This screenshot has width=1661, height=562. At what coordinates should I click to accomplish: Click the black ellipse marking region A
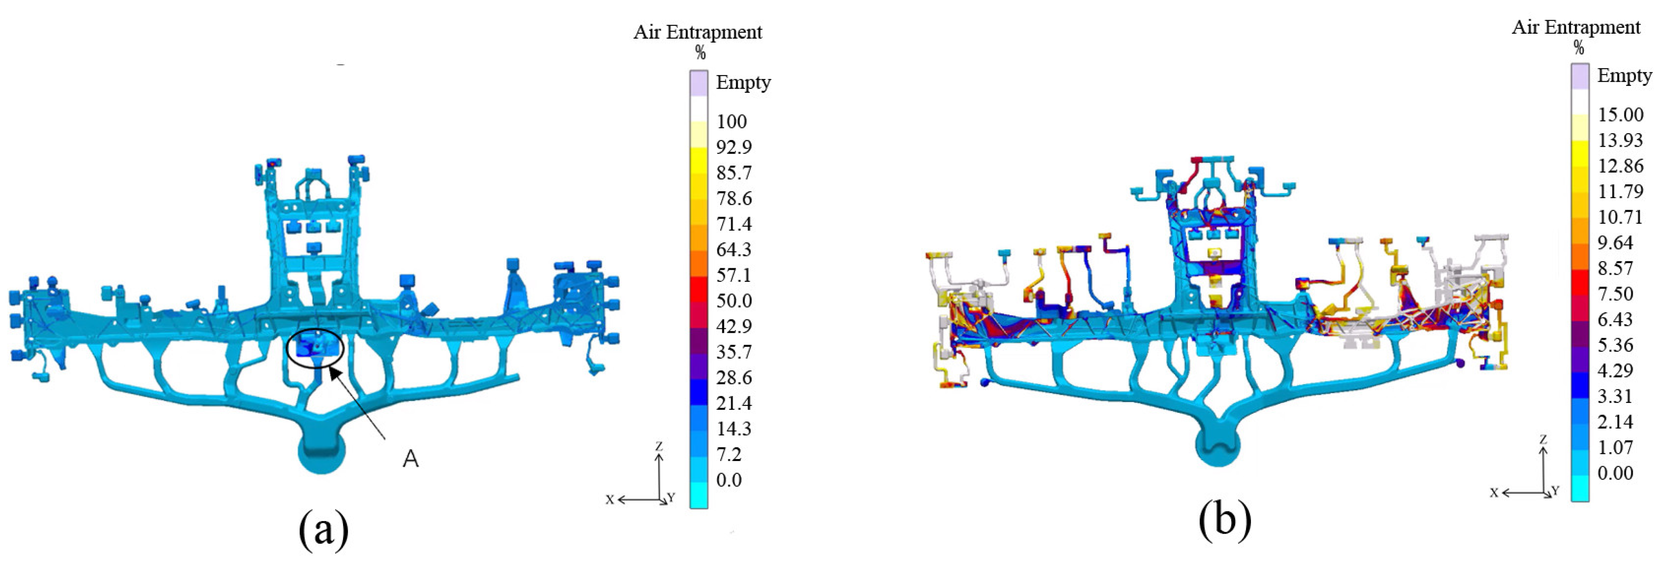(316, 348)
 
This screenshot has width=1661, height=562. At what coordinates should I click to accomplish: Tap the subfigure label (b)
(1225, 521)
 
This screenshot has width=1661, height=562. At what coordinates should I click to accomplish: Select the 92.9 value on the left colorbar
(734, 147)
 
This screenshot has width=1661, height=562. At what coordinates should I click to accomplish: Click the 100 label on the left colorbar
(731, 121)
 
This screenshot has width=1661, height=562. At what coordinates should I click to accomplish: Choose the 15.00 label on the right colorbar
(1620, 115)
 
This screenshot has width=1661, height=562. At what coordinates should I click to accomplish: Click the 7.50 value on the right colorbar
(1615, 294)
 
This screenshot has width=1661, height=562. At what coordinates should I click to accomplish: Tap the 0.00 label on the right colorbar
(1615, 473)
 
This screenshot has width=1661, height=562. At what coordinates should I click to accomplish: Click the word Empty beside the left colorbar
(743, 82)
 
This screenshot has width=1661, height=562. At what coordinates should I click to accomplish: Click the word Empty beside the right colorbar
(1624, 75)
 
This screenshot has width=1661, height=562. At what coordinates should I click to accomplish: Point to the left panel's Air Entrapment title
(698, 32)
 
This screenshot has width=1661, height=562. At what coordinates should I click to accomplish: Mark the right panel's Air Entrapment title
(1576, 27)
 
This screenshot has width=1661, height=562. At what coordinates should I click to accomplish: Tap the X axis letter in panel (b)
(1493, 493)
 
